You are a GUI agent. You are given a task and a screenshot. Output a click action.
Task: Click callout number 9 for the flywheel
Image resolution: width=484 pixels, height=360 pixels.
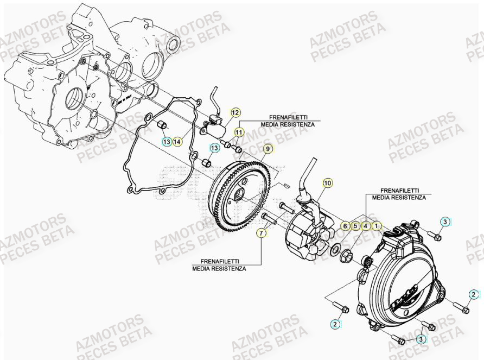267,148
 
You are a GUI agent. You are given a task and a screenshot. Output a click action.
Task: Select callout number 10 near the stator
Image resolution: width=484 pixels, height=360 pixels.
327,184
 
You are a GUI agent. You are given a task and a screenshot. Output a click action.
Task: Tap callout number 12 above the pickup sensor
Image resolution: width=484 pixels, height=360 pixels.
235,113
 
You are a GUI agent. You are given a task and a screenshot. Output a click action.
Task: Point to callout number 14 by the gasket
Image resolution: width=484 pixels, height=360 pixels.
178,142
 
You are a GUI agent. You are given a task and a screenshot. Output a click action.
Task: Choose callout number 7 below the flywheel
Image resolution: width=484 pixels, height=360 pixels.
262,233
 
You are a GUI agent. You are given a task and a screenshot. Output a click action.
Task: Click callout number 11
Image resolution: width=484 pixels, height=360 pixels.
239,132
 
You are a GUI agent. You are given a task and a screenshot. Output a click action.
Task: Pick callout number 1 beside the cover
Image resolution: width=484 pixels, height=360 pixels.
376,225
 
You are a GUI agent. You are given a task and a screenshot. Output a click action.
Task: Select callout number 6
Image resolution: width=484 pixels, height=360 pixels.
345,225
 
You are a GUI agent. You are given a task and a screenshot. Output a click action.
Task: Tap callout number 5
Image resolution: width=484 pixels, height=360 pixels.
355,225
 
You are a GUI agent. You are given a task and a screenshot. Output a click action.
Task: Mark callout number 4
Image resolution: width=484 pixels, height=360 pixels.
366,225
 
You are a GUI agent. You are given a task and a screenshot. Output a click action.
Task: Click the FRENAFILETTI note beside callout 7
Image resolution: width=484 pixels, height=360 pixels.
219,265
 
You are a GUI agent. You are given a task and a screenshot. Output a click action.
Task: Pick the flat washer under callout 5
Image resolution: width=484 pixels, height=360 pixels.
336,249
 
